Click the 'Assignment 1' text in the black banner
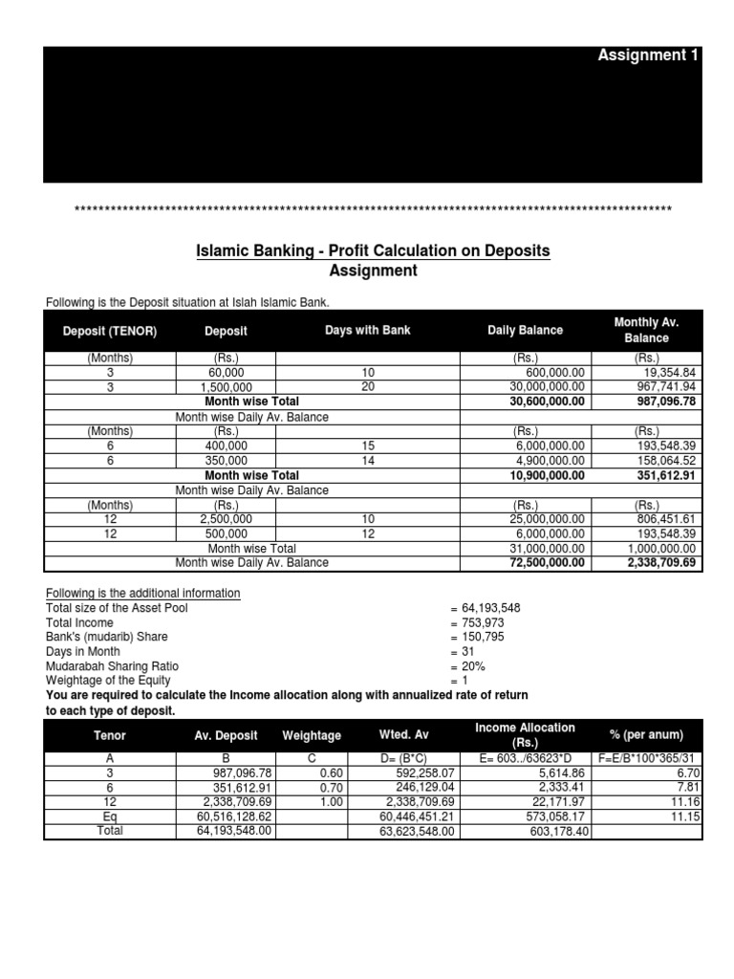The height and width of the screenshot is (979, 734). [648, 55]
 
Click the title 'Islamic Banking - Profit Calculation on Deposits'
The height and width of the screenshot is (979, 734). [373, 250]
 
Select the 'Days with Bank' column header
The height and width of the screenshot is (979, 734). [368, 330]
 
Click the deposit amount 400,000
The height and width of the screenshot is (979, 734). [226, 446]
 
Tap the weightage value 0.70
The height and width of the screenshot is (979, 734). [331, 788]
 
